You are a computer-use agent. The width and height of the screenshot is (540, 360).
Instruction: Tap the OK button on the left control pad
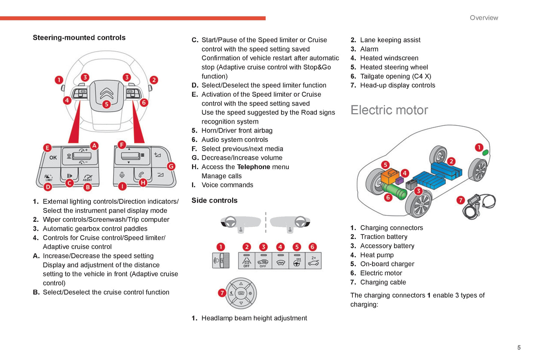[x=53, y=158]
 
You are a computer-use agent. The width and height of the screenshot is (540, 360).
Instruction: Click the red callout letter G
[x=171, y=166]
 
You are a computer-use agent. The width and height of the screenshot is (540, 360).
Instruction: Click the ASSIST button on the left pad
[x=88, y=177]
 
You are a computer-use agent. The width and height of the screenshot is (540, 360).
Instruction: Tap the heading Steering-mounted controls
[x=79, y=38]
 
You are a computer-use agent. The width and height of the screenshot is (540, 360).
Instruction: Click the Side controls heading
[x=214, y=201]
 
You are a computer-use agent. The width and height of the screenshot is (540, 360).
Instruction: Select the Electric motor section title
[x=389, y=110]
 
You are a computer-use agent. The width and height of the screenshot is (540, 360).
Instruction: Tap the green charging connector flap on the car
[x=485, y=152]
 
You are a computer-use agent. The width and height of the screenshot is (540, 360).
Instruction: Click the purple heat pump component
[x=399, y=180]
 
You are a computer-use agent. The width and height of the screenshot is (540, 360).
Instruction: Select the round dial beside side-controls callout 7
[x=241, y=293]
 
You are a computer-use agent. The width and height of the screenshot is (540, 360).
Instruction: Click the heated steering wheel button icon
[x=297, y=261]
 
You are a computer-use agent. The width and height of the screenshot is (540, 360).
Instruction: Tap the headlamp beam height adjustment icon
[x=221, y=261]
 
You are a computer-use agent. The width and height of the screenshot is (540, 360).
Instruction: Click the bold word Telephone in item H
[x=253, y=167]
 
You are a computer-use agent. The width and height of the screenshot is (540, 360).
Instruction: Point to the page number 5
[x=519, y=348]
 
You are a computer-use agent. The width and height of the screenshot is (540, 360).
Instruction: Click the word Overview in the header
[x=484, y=18]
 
